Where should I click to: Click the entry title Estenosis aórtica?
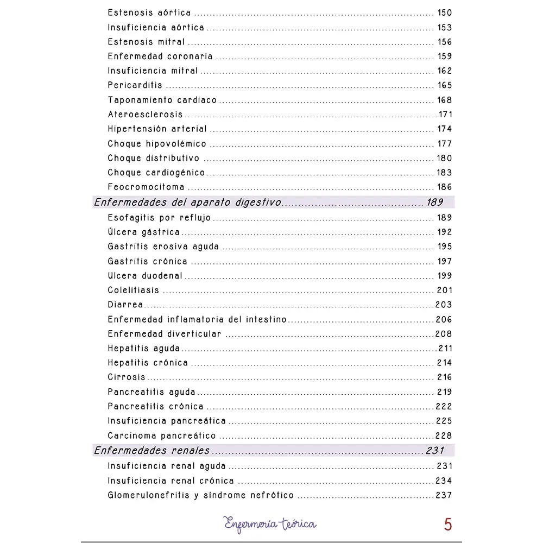tap(149, 13)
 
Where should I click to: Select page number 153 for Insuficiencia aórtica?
tap(444, 28)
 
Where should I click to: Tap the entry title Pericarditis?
tap(135, 85)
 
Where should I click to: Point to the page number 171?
tap(445, 115)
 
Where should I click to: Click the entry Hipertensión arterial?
tap(157, 129)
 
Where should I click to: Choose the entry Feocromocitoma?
tap(146, 187)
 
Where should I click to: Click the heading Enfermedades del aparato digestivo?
tap(187, 203)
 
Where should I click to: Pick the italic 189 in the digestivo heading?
tap(435, 203)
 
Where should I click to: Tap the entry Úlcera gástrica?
tap(143, 232)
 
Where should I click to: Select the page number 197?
tap(444, 261)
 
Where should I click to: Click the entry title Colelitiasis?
tap(133, 291)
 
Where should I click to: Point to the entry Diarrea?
tap(125, 305)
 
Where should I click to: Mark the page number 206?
tap(444, 319)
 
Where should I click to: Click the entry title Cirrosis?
tap(127, 377)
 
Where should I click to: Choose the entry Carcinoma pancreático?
tap(161, 435)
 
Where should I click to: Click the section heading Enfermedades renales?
tap(151, 451)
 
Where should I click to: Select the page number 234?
tap(444, 481)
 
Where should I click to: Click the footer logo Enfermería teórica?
tap(270, 524)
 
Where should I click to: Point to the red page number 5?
tap(447, 525)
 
